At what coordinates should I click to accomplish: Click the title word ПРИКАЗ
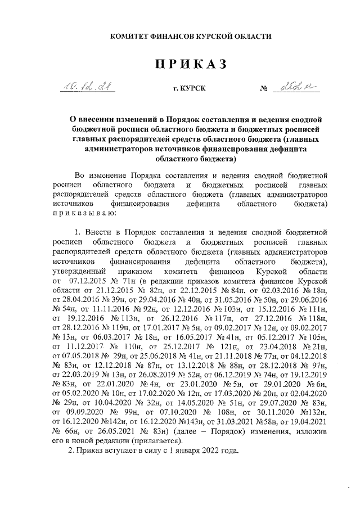pos(191,65)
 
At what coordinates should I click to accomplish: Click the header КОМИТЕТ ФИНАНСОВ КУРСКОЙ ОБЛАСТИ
pos(190,36)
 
